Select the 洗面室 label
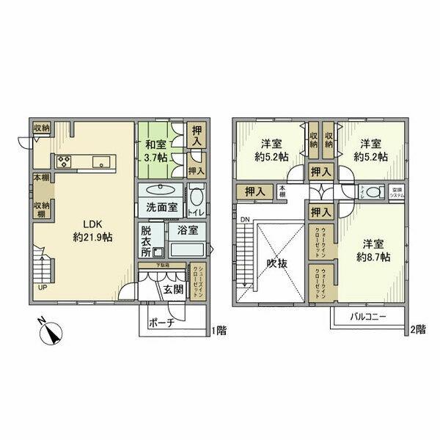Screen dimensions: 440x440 pos(162,207)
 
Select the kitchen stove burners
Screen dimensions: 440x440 pos(62,161)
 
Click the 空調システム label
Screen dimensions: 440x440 pos(395,193)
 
